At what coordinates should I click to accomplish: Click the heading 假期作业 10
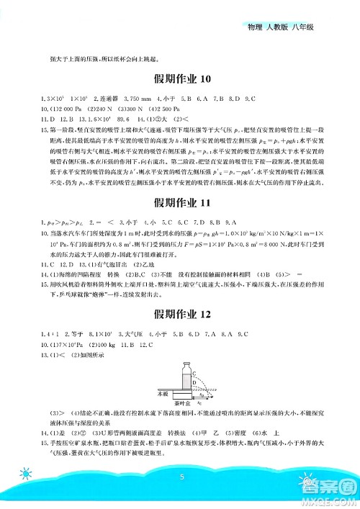[180, 79]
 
